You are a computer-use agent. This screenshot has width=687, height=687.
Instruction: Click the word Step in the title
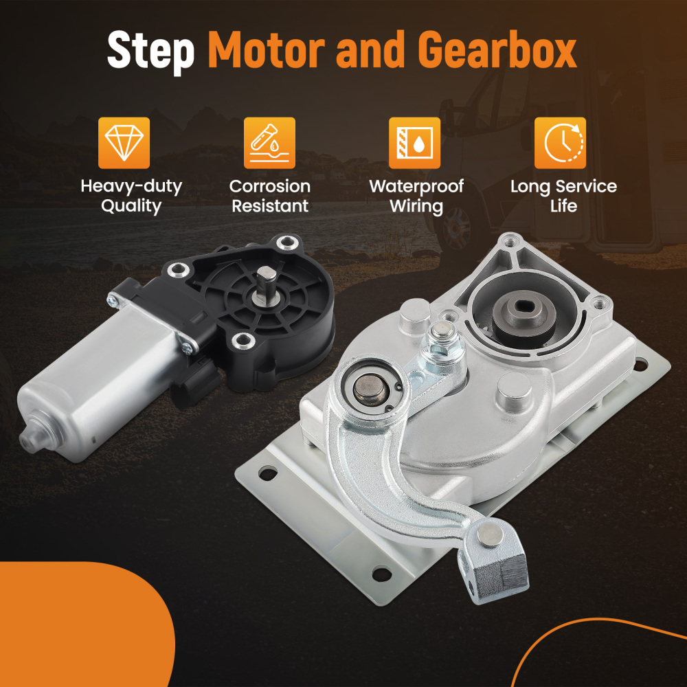150,51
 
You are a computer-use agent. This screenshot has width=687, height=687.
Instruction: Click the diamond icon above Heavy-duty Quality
124,143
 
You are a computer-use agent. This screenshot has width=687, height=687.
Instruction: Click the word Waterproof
416,187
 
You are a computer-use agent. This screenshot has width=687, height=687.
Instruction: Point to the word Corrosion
270,186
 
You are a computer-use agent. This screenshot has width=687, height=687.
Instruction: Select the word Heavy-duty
131,187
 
